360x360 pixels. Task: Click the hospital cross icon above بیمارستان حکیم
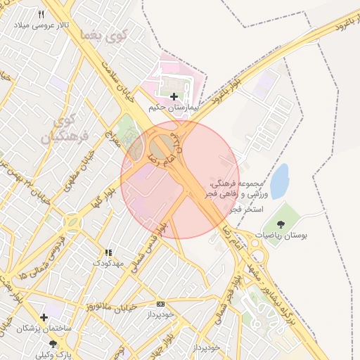[174, 96]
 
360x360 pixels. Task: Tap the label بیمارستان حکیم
[174, 108]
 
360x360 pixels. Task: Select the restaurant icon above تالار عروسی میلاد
[41, 15]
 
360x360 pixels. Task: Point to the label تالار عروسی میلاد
[41, 25]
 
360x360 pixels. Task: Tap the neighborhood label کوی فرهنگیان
[67, 129]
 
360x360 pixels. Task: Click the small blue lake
[280, 181]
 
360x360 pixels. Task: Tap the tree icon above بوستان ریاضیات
[281, 224]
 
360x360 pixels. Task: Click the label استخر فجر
[246, 210]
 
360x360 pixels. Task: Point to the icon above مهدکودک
[108, 252]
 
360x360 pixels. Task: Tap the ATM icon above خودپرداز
[160, 304]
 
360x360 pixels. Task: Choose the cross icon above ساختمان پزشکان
[44, 317]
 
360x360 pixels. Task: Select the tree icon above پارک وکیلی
[53, 343]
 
